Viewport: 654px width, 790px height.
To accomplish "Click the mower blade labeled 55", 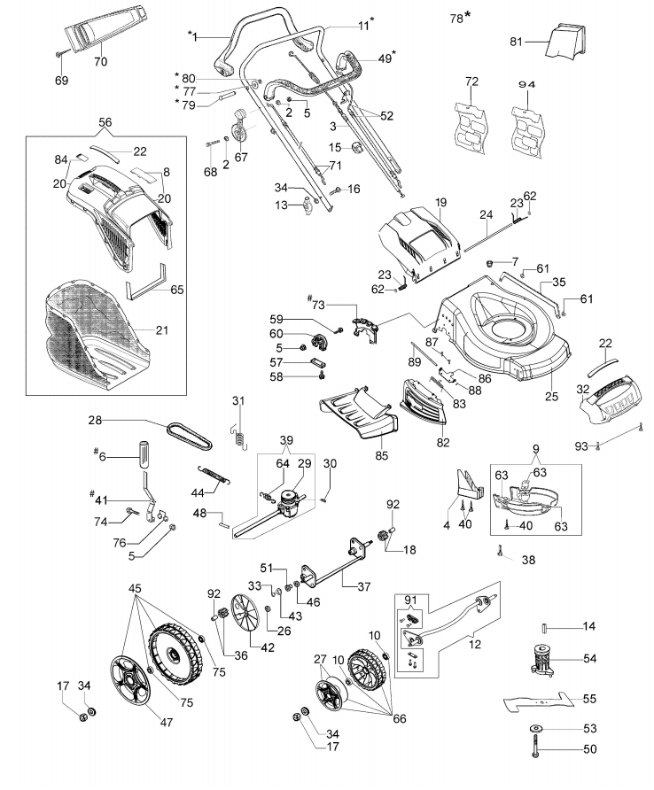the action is click(x=538, y=701).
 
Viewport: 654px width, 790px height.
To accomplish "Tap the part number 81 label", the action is click(x=516, y=42).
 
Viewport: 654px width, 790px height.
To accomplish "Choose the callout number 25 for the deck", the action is click(x=551, y=396).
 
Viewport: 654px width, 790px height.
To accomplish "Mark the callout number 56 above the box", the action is click(x=105, y=122).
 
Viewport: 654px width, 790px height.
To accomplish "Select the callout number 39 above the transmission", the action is click(x=286, y=440).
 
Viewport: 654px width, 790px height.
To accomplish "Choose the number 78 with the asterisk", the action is click(x=460, y=18).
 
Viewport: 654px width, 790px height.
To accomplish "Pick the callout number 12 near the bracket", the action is click(x=474, y=645).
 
